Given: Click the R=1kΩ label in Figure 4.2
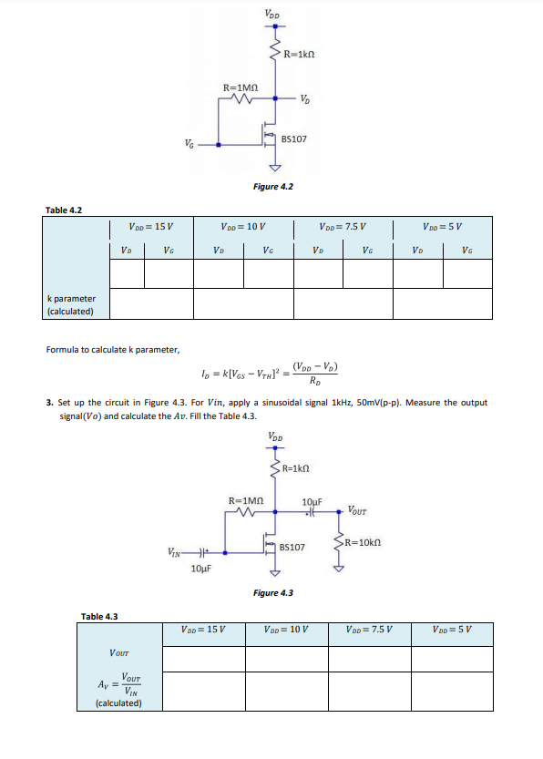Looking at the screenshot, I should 300,56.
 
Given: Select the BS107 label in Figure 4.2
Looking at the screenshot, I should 294,139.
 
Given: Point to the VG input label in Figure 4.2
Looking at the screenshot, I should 188,142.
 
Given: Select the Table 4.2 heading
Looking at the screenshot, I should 64,210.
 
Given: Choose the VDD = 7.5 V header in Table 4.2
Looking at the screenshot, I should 343,226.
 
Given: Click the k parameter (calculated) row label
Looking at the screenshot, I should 71,304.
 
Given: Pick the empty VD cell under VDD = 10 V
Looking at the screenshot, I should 219,272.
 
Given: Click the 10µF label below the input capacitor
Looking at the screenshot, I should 201,569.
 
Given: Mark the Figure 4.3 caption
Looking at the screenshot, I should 272,593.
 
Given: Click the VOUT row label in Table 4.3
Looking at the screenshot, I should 118,652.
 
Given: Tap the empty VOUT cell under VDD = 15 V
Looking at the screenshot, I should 204,657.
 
